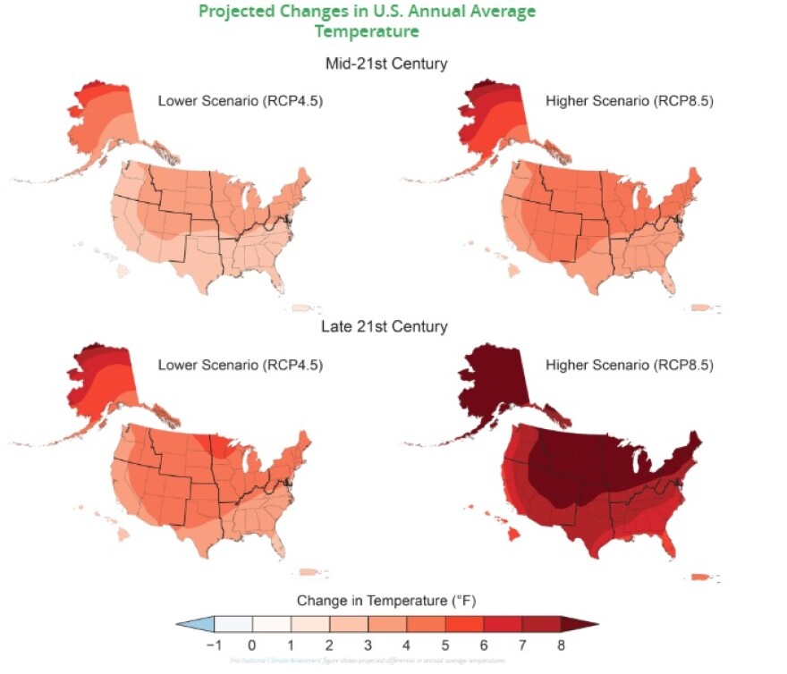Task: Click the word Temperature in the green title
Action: point(366,31)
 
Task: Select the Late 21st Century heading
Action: point(385,326)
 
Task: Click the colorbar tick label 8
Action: point(560,644)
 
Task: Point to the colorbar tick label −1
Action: point(214,644)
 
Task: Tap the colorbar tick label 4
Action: point(406,644)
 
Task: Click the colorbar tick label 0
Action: point(252,644)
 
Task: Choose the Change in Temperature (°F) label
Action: point(386,600)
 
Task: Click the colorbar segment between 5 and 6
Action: point(463,624)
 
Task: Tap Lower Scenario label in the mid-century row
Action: point(240,101)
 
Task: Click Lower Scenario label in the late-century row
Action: point(240,365)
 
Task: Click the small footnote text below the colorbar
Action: point(367,661)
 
